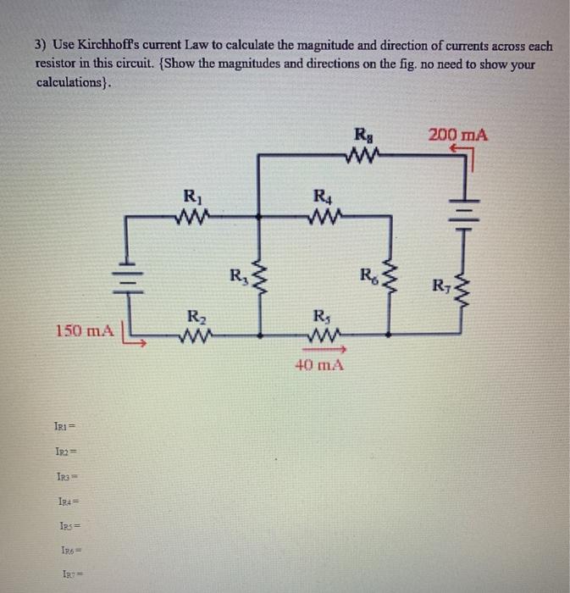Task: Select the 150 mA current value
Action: (x=84, y=330)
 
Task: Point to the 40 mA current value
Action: (x=318, y=366)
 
